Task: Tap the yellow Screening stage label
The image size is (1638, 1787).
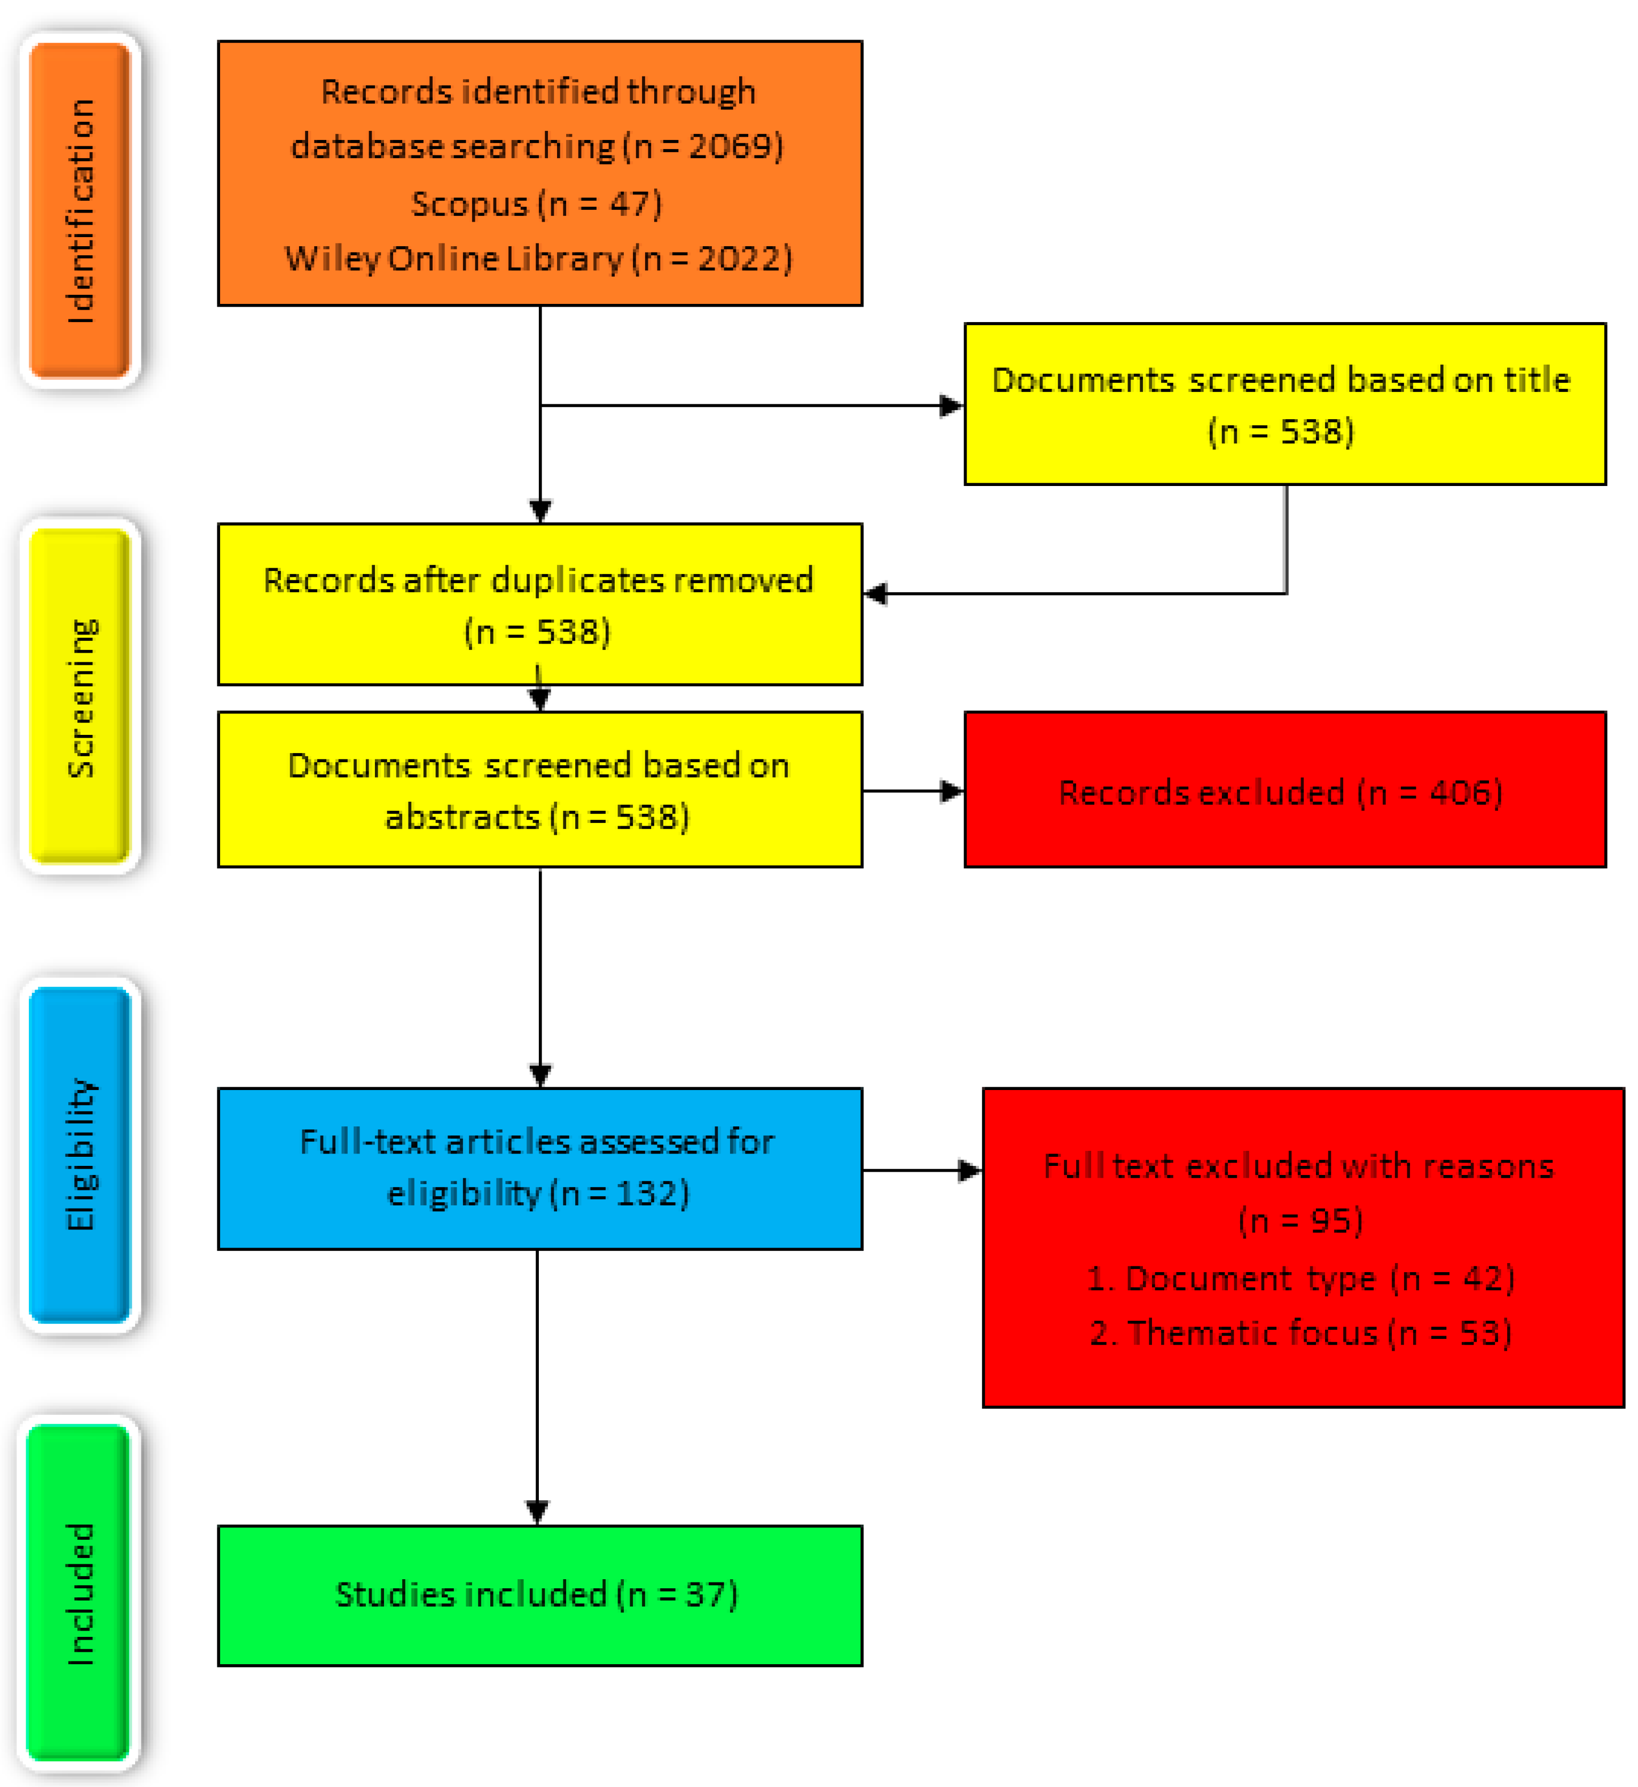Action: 80,696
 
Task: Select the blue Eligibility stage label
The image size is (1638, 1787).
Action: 80,1154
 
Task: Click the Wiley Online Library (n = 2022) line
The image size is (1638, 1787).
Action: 538,259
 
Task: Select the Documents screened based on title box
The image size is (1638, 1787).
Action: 1284,404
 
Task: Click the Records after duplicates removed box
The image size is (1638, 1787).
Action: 539,605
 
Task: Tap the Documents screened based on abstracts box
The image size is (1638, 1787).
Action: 539,790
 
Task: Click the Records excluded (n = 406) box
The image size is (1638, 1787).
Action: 1284,790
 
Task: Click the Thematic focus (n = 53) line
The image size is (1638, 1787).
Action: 1300,1333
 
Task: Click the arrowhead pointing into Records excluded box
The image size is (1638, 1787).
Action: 952,790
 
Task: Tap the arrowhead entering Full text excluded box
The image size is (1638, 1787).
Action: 970,1170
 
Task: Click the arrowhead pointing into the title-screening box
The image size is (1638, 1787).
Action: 952,406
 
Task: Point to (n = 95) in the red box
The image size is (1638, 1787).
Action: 1300,1221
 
